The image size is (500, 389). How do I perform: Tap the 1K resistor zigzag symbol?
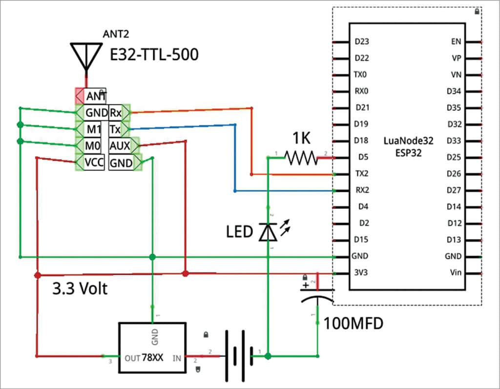301,157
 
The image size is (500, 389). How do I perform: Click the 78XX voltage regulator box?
153,348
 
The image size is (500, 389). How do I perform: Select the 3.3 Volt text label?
80,288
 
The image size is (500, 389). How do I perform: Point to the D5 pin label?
362,157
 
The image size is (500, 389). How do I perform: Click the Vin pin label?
455,273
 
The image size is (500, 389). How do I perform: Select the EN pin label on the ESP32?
457,41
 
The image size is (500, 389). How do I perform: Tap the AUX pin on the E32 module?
120,145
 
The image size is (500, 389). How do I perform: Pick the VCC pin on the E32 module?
94,163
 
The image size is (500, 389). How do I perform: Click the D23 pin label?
361,41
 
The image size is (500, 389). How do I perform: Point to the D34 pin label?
454,91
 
